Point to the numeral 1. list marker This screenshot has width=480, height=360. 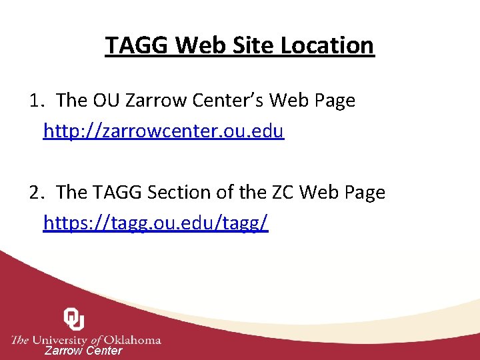click(x=37, y=101)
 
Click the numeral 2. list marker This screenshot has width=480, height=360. click(x=37, y=193)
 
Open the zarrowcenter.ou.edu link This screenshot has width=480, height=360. click(x=164, y=131)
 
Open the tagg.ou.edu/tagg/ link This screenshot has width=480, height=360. click(x=156, y=223)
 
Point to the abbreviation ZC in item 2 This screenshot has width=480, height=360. click(x=280, y=193)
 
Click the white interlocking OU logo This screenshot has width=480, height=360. click(x=74, y=319)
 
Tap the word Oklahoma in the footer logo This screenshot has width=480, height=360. click(x=130, y=340)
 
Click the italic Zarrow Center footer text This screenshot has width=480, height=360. click(x=83, y=351)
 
